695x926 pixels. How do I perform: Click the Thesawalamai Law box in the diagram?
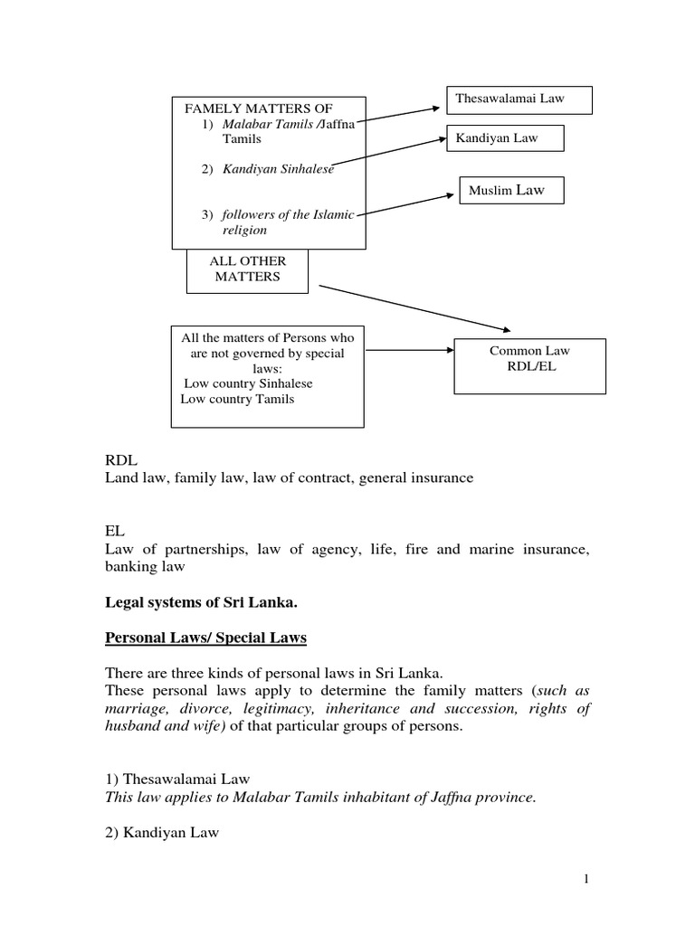(519, 99)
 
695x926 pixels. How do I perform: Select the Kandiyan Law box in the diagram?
(505, 138)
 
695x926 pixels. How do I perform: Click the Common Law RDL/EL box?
(517, 359)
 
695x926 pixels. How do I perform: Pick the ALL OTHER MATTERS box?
(248, 269)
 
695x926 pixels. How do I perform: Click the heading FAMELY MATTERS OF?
(253, 109)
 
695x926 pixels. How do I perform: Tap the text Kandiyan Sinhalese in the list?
(279, 169)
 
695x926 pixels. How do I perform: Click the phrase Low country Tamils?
(237, 399)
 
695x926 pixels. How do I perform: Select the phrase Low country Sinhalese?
(248, 383)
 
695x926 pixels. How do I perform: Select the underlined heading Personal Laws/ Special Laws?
(206, 638)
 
